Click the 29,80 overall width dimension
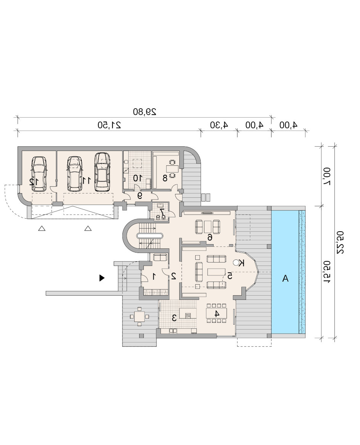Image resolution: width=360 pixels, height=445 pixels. pyautogui.click(x=145, y=112)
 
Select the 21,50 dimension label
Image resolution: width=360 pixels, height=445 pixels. pyautogui.click(x=109, y=125)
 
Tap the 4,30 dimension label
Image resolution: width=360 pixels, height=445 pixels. pyautogui.click(x=219, y=125)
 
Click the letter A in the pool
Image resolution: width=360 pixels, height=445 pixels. pyautogui.click(x=285, y=279)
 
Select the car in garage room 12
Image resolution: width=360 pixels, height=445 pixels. pyautogui.click(x=39, y=174)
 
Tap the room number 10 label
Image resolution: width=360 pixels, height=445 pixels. pyautogui.click(x=138, y=178)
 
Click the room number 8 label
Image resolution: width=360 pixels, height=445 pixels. pyautogui.click(x=165, y=178)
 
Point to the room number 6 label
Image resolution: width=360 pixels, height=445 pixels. pyautogui.click(x=210, y=237)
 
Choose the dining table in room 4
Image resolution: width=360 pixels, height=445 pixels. pyautogui.click(x=217, y=313)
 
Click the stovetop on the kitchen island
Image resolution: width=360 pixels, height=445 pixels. pyautogui.click(x=188, y=315)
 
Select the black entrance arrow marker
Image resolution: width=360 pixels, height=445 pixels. pyautogui.click(x=102, y=278)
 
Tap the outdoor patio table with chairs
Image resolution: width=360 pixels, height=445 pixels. pyautogui.click(x=139, y=316)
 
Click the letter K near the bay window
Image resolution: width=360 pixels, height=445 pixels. pyautogui.click(x=241, y=263)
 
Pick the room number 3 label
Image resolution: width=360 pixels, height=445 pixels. pyautogui.click(x=174, y=318)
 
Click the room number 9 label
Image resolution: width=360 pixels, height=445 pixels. pyautogui.click(x=140, y=195)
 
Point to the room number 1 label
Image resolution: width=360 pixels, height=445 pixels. pyautogui.click(x=154, y=276)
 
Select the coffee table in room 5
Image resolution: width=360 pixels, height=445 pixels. pyautogui.click(x=216, y=272)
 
